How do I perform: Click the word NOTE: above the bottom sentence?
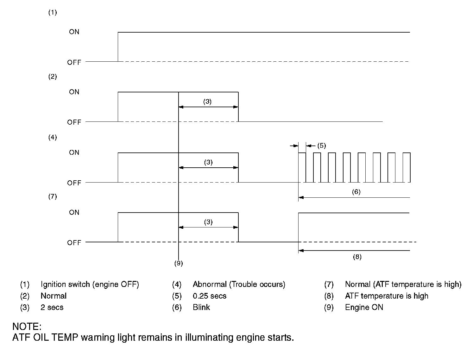pyautogui.click(x=27, y=326)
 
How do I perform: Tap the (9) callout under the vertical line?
pyautogui.click(x=179, y=263)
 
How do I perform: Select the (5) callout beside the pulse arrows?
pyautogui.click(x=321, y=146)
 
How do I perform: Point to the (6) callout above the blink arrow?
pyautogui.click(x=356, y=192)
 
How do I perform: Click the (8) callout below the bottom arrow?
pyautogui.click(x=357, y=257)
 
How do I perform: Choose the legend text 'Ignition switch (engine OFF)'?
pyautogui.click(x=90, y=284)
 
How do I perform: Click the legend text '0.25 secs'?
pyautogui.click(x=210, y=296)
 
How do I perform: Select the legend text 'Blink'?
pyautogui.click(x=201, y=307)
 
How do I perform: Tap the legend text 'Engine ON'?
pyautogui.click(x=364, y=307)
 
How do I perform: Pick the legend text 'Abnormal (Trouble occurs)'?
pyautogui.click(x=239, y=284)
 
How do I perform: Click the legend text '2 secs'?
pyautogui.click(x=52, y=307)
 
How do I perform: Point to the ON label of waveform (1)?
pyautogui.click(x=74, y=32)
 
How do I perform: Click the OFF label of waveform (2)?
pyautogui.click(x=74, y=122)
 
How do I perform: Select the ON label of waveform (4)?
pyautogui.click(x=74, y=152)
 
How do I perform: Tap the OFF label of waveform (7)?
pyautogui.click(x=74, y=243)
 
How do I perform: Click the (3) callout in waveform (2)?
pyautogui.click(x=207, y=102)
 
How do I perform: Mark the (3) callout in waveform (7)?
pyautogui.click(x=208, y=222)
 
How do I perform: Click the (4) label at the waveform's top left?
pyautogui.click(x=53, y=137)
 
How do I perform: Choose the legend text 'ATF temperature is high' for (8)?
pyautogui.click(x=387, y=296)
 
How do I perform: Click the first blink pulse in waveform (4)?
pyautogui.click(x=302, y=167)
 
